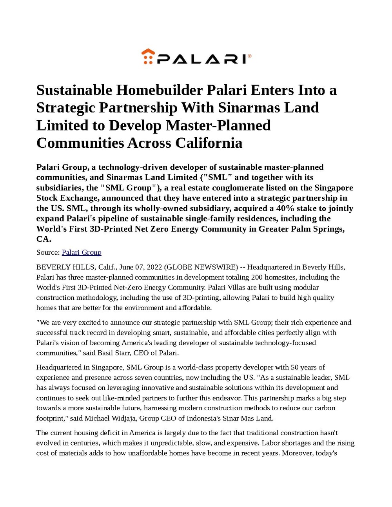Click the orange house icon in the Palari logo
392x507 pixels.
pyautogui.click(x=148, y=56)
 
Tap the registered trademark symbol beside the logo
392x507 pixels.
pyautogui.click(x=250, y=56)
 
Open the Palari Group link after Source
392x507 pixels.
pyautogui.click(x=82, y=252)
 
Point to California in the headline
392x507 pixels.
pyautogui.click(x=209, y=143)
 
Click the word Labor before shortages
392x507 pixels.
pyautogui.click(x=271, y=443)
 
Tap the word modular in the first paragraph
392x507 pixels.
pyautogui.click(x=306, y=287)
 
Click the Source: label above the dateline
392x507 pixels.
pyautogui.click(x=48, y=252)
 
